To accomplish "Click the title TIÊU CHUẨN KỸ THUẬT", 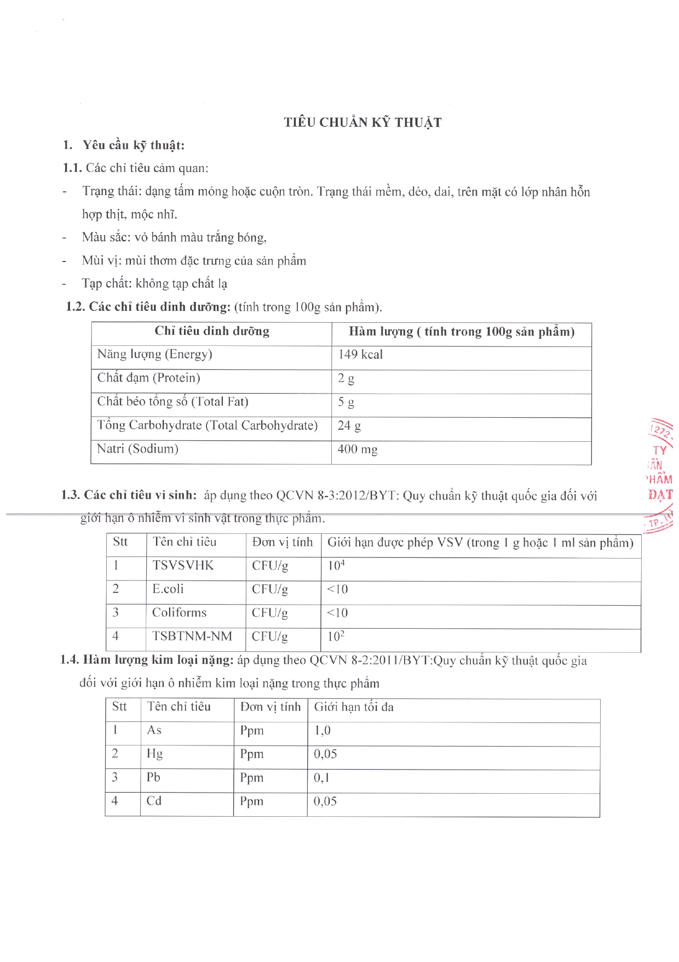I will point(362,122).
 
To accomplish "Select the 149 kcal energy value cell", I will point(360,355).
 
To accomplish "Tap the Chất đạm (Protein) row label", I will point(149,378).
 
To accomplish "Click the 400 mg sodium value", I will point(358,449).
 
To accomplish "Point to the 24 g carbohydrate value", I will point(349,426).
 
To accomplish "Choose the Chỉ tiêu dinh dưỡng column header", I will point(212,331).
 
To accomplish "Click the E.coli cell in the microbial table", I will point(168,589).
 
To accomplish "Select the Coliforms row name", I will point(180,613).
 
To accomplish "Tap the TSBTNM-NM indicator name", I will point(192,636).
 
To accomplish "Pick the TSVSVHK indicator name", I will point(183,566).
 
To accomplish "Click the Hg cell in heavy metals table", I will point(154,754).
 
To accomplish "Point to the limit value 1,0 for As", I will point(323,731).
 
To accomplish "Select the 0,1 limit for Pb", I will point(321,778).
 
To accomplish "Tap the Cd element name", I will point(154,801).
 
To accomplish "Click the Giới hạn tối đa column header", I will point(354,707).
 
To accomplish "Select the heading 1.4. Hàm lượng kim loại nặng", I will point(147,660).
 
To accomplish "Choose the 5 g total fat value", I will point(346,402).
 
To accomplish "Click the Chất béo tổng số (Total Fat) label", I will point(173,402).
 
